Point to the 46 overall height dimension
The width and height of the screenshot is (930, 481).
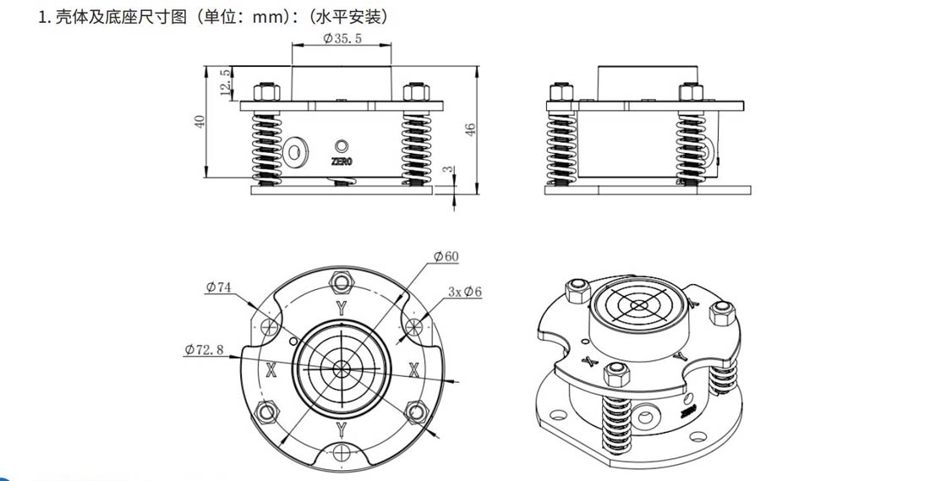(x=471, y=128)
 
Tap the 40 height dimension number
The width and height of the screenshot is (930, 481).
(x=200, y=122)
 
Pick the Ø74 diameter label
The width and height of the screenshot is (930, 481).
(x=218, y=287)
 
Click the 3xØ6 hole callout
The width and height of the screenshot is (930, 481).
(x=465, y=292)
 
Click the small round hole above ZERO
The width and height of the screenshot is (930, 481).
(x=342, y=145)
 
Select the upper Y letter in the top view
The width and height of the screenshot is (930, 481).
(x=340, y=309)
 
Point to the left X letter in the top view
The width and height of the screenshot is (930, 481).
(x=271, y=369)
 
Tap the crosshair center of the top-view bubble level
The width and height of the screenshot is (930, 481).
(x=341, y=369)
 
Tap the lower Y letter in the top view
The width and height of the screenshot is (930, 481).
(x=341, y=429)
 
